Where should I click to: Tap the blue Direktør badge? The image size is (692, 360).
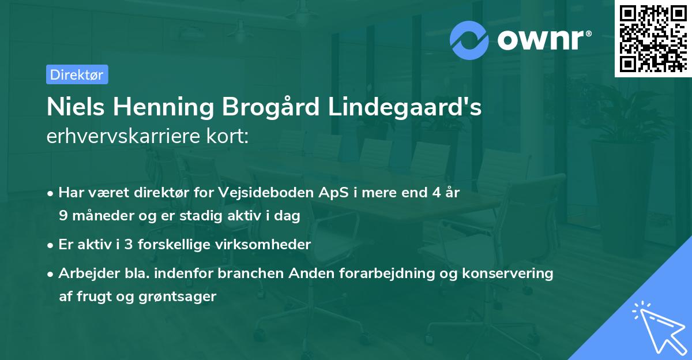(77, 74)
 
